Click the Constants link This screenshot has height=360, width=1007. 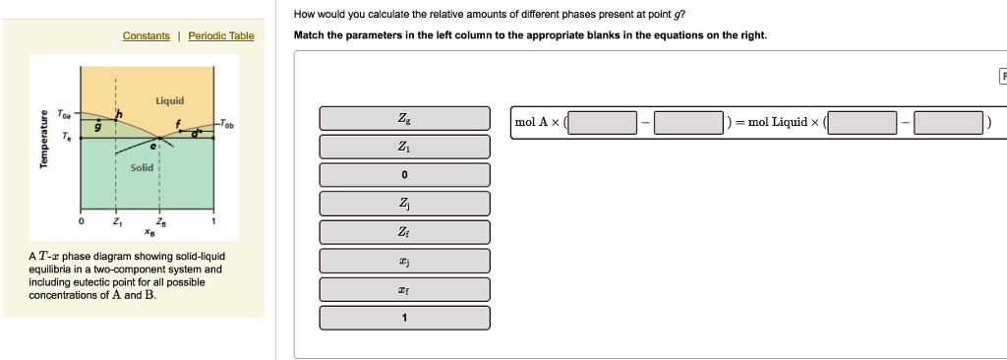tap(146, 36)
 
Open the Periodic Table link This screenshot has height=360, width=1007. tap(220, 36)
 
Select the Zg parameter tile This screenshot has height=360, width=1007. tap(404, 118)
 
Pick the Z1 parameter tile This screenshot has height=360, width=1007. tap(404, 147)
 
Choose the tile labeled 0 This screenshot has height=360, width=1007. tap(404, 175)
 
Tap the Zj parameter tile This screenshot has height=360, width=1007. tap(404, 204)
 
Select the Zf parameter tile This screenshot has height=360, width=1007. tap(404, 232)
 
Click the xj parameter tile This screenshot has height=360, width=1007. tap(404, 261)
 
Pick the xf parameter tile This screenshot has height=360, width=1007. tap(404, 289)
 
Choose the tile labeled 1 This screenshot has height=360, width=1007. tap(404, 318)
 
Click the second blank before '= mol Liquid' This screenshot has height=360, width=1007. tap(689, 123)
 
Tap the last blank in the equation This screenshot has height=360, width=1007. tap(948, 123)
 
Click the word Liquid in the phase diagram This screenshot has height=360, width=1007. tap(168, 101)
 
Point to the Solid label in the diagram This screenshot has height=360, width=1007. tap(143, 168)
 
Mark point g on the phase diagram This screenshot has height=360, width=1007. tap(97, 127)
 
